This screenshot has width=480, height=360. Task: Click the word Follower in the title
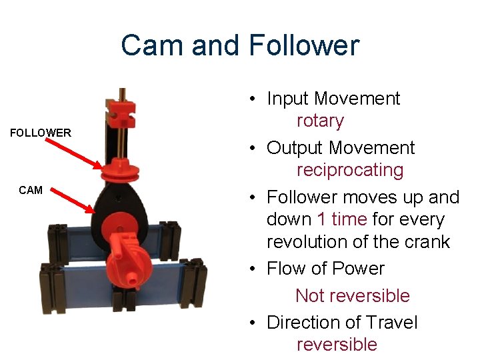coord(304,46)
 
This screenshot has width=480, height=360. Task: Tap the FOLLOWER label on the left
coord(41,133)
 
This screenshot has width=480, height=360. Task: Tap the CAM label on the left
coord(31,190)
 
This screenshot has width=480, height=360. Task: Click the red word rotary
coord(320,121)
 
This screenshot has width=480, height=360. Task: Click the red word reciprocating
coord(350,170)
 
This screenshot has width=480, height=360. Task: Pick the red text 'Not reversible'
coord(352,295)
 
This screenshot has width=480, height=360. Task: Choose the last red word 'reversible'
coord(337,344)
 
